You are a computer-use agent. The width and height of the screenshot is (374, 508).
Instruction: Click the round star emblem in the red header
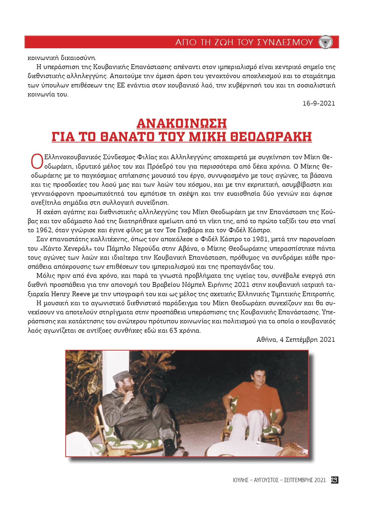(325, 42)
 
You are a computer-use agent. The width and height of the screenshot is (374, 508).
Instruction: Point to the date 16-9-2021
(319, 103)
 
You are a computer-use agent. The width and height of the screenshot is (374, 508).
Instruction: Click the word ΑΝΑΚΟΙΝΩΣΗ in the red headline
(182, 123)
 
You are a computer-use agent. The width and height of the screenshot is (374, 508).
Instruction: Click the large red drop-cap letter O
(37, 161)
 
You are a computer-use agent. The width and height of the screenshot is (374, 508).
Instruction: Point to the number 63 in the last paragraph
(173, 330)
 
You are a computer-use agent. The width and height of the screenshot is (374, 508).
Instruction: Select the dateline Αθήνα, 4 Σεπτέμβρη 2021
(295, 340)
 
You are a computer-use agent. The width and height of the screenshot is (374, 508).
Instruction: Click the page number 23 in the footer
(334, 480)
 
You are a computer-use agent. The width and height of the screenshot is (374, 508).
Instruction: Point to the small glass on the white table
(258, 441)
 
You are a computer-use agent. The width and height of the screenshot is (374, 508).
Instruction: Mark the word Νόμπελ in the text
(193, 285)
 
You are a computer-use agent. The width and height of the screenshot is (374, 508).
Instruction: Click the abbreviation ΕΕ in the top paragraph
(120, 85)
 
